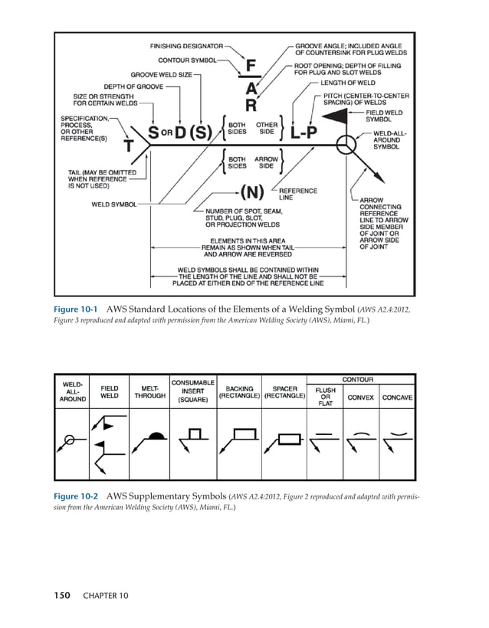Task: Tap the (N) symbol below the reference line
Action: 254,191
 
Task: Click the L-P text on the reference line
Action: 305,132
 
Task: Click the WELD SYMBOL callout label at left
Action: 113,204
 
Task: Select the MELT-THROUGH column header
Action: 150,392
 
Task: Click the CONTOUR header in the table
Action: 357,379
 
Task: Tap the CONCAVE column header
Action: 397,397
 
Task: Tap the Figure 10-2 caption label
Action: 75,496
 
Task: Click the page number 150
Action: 64,594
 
